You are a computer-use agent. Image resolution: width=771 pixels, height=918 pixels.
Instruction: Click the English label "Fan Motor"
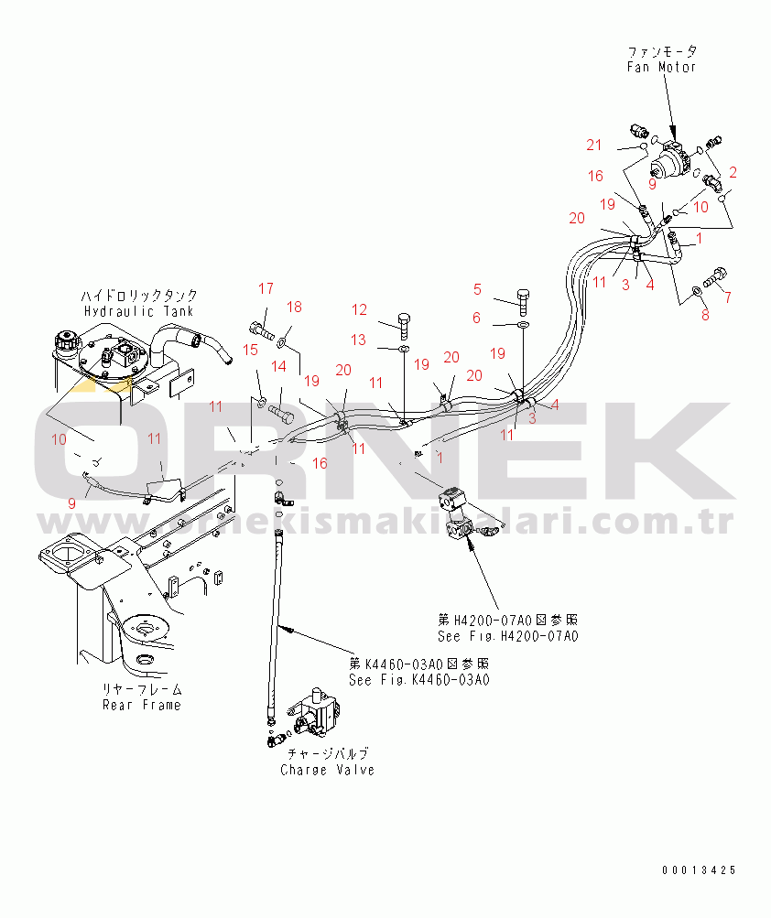click(x=661, y=67)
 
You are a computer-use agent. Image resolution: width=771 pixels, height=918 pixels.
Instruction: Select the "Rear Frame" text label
click(x=141, y=705)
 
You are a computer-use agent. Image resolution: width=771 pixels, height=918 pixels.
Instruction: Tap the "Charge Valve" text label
click(x=327, y=770)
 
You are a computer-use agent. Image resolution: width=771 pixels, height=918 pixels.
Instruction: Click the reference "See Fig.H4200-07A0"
click(x=508, y=636)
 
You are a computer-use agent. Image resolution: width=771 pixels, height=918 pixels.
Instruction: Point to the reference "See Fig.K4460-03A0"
click(x=419, y=680)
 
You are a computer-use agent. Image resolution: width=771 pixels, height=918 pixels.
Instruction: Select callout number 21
click(x=595, y=145)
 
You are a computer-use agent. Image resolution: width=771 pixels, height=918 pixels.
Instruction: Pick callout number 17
click(x=265, y=289)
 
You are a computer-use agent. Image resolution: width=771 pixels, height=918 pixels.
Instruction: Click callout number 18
click(x=294, y=307)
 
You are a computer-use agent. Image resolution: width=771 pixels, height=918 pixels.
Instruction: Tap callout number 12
click(x=359, y=309)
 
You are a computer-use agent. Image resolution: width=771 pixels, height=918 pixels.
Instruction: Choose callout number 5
click(x=477, y=290)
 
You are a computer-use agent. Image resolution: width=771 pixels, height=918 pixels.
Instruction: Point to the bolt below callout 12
click(x=405, y=323)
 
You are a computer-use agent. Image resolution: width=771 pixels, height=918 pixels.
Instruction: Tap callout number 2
click(x=733, y=171)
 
